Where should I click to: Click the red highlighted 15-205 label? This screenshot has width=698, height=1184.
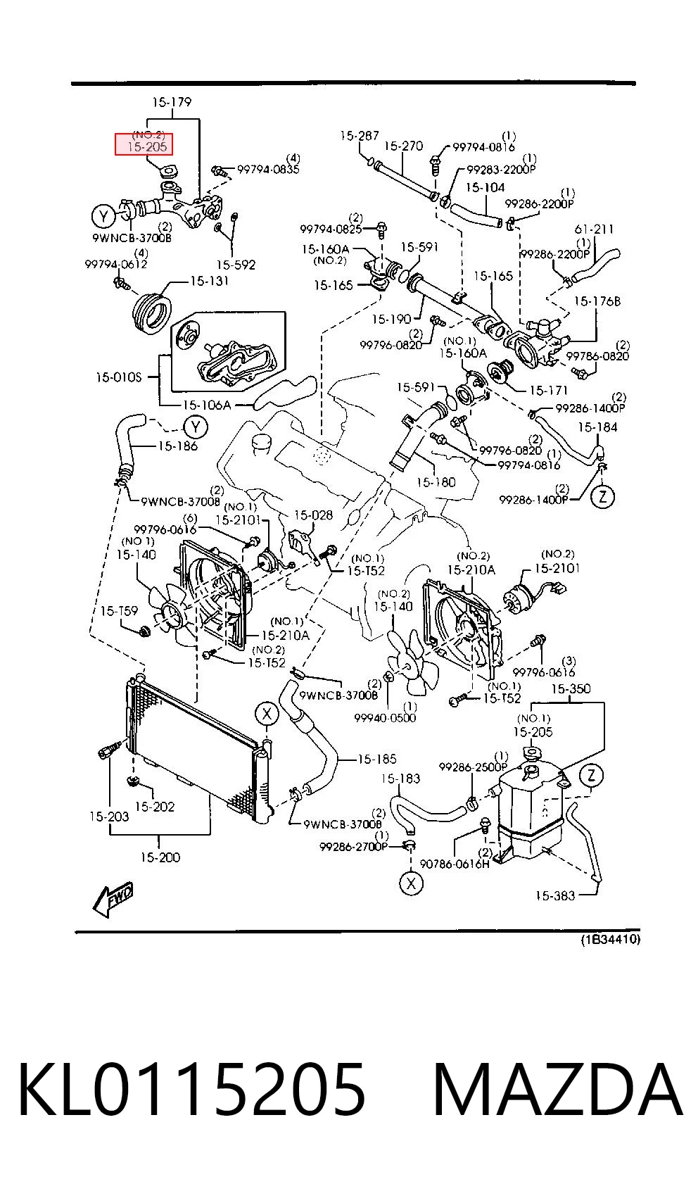coord(144,144)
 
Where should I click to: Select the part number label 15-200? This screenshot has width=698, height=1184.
coord(160,857)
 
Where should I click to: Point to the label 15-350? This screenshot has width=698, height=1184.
coord(571,689)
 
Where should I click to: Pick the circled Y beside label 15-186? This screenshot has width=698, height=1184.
coord(195,427)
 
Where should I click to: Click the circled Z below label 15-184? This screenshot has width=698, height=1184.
coord(602,496)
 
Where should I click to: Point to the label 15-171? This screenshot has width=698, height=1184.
coord(548,391)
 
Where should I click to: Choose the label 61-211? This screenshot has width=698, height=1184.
coord(594,229)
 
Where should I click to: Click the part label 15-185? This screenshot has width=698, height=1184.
coord(376,760)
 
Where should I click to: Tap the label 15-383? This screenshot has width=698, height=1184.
coord(554,895)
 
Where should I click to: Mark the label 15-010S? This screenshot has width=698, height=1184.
coord(118,377)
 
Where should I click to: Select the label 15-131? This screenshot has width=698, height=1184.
coord(209,281)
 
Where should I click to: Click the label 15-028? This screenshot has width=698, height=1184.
coord(313,515)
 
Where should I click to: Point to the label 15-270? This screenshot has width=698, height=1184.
coord(403,146)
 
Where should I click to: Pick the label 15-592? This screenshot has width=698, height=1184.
coord(236,265)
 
